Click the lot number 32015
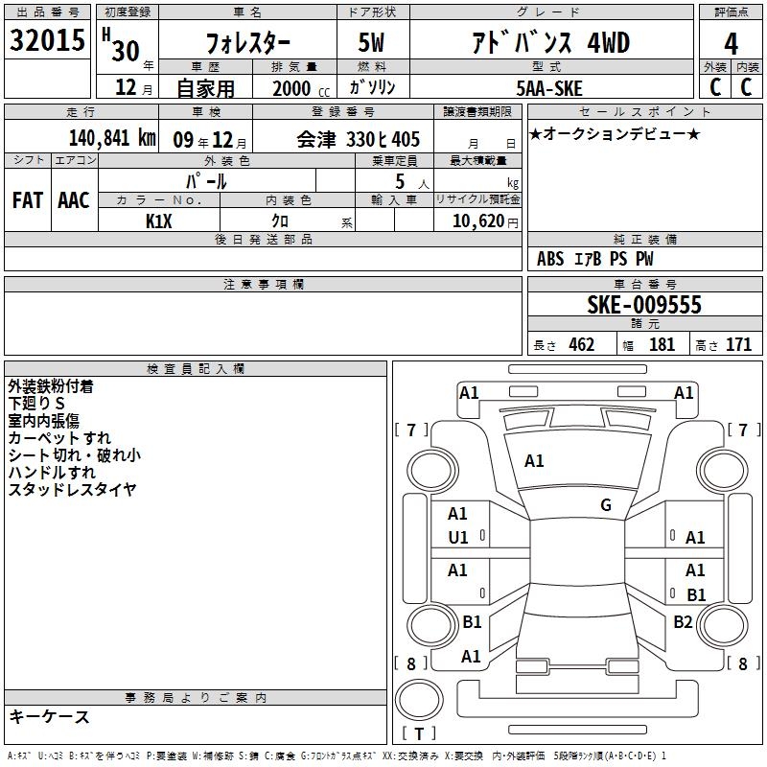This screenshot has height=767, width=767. (x=47, y=40)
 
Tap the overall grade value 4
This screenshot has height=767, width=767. (x=731, y=44)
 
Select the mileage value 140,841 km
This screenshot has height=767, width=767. (x=112, y=138)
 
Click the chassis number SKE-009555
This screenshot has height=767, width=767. (x=644, y=305)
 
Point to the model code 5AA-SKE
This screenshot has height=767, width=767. (x=549, y=88)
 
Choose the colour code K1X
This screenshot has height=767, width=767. (x=159, y=221)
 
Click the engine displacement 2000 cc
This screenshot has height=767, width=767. (x=301, y=88)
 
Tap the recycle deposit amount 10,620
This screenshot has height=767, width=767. (x=478, y=221)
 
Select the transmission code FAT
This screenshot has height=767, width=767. (x=28, y=200)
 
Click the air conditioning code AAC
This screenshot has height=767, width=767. (x=74, y=200)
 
